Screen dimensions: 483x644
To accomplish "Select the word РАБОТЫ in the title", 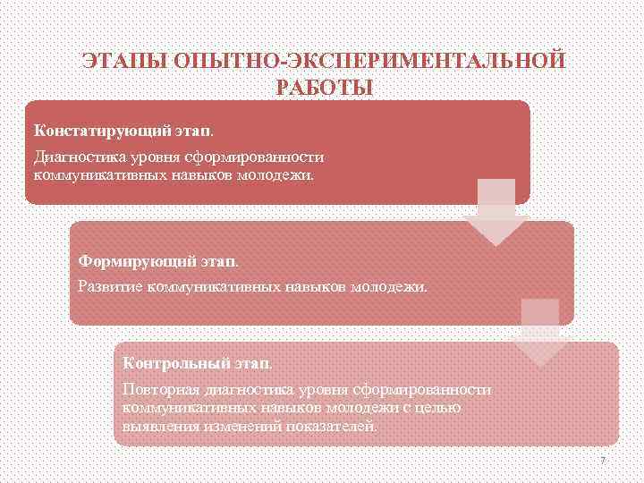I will point(323,88).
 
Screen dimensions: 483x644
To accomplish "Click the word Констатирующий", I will point(87,130).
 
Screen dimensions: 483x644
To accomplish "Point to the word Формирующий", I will point(125,262).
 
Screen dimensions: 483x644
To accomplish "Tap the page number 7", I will point(602,460).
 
